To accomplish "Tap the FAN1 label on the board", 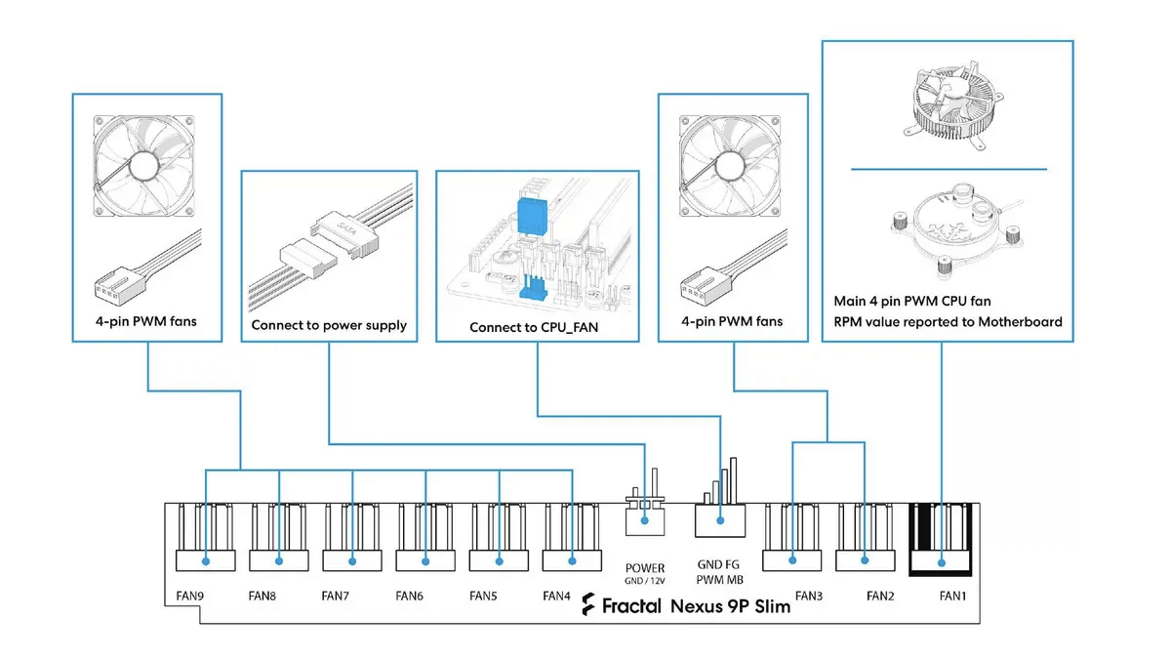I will click(x=952, y=595).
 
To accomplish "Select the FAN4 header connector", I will click(x=572, y=539).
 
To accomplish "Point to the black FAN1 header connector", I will click(x=942, y=540).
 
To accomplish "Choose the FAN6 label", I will click(x=409, y=595).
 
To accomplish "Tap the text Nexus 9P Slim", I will click(x=730, y=605).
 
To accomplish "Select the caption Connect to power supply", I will click(x=329, y=325).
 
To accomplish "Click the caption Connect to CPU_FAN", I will click(x=534, y=328).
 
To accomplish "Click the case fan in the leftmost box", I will click(x=146, y=167).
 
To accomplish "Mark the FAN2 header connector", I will click(x=865, y=539).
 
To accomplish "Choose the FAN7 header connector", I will click(x=352, y=539).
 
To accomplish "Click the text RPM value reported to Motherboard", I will click(x=948, y=321).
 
